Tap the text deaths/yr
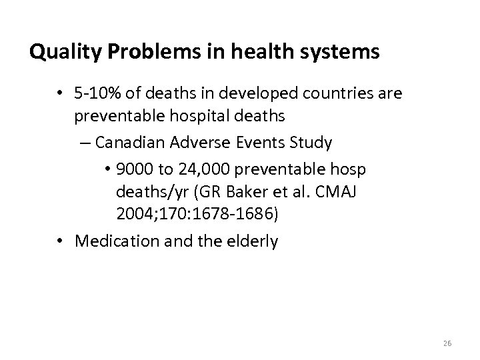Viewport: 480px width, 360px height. tap(147, 193)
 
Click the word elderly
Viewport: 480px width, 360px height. tap(253, 241)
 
